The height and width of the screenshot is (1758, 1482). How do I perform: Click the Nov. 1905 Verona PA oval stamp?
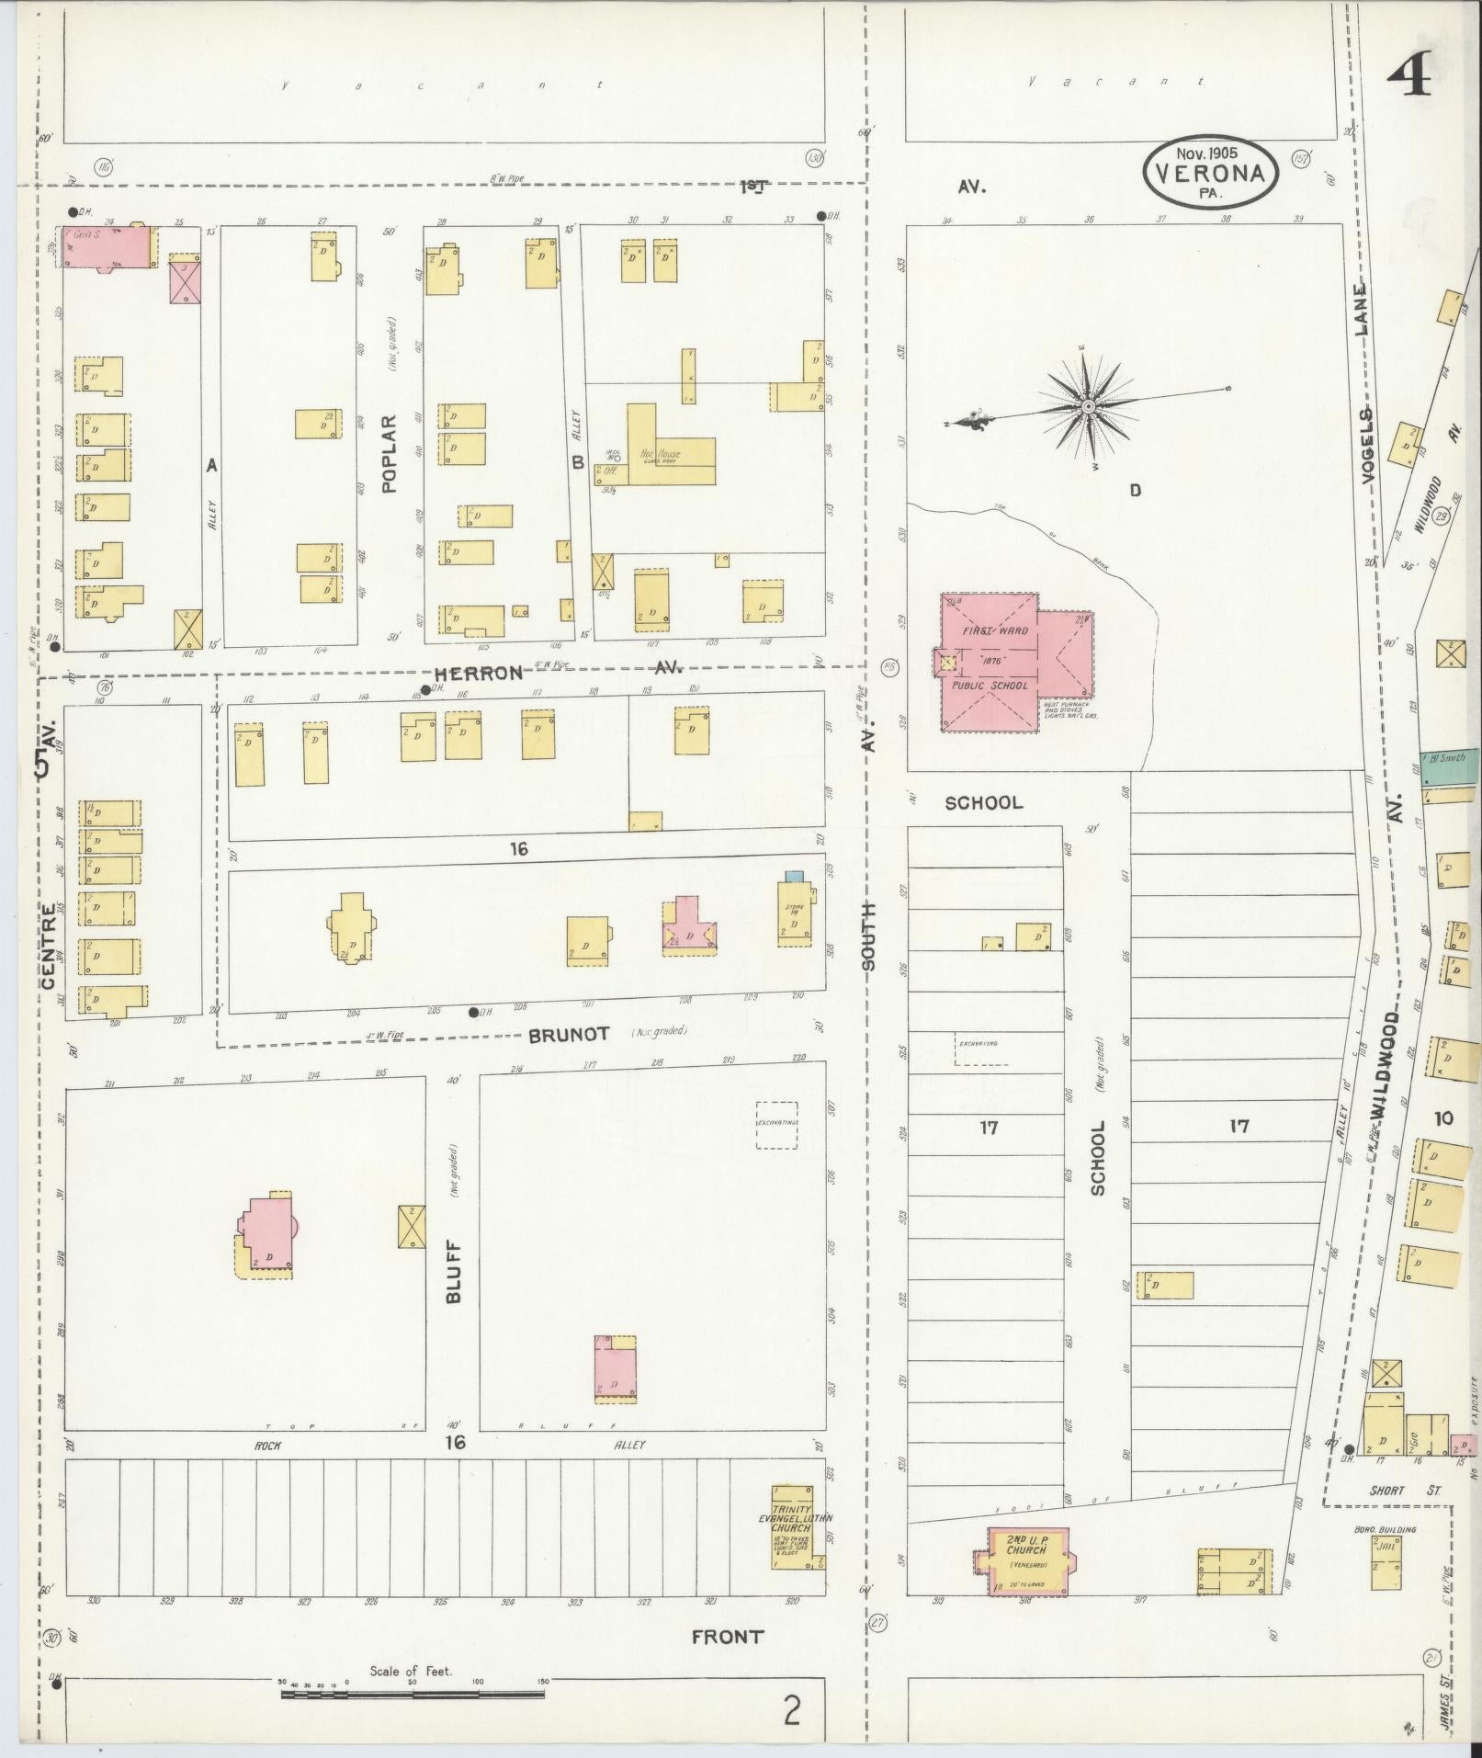[1210, 172]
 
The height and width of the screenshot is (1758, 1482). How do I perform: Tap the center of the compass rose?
[1089, 405]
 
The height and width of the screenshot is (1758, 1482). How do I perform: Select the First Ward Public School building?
[992, 660]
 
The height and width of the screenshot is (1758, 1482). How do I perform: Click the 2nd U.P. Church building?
[1026, 1561]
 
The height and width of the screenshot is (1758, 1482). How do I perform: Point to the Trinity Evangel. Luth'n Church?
[792, 1527]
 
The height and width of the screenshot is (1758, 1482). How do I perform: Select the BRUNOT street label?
[568, 1034]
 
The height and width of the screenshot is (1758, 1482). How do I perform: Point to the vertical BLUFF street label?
[455, 1273]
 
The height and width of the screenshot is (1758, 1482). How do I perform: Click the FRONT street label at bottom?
[727, 1636]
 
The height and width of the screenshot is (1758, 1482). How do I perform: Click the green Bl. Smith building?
[1452, 766]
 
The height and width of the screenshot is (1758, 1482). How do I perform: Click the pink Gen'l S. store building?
[107, 244]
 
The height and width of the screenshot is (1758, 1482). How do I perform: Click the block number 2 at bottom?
[791, 1710]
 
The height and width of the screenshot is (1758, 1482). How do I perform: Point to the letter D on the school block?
[1136, 490]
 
